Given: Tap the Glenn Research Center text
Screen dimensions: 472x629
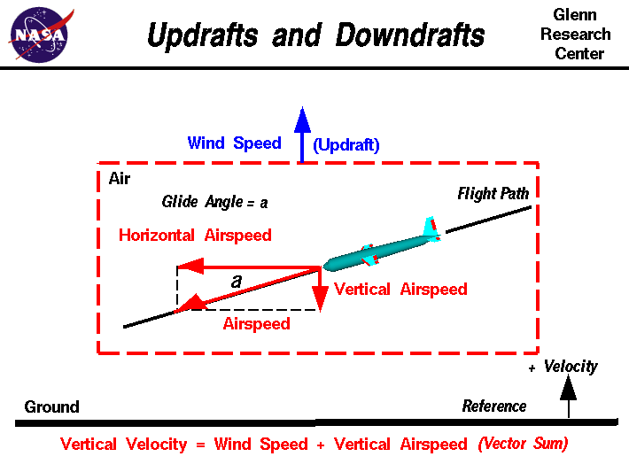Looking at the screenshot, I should pyautogui.click(x=575, y=35).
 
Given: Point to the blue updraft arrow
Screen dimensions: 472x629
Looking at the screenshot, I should pyautogui.click(x=302, y=133).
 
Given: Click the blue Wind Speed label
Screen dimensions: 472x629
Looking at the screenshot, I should pyautogui.click(x=234, y=143).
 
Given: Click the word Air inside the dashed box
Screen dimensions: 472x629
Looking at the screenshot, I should pyautogui.click(x=120, y=179).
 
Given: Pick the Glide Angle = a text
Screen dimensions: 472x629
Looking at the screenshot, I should pyautogui.click(x=214, y=202).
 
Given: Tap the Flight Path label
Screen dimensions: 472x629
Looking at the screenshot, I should pyautogui.click(x=493, y=194).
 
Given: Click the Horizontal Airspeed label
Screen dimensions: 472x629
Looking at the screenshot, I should pyautogui.click(x=195, y=236).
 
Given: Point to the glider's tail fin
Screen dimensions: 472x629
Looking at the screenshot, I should pyautogui.click(x=431, y=228).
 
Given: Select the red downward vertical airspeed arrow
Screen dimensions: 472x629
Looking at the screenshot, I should pyautogui.click(x=320, y=290).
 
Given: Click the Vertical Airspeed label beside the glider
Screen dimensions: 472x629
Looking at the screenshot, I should pyautogui.click(x=400, y=290).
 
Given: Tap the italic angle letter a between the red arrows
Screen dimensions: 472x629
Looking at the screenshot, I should pyautogui.click(x=236, y=282).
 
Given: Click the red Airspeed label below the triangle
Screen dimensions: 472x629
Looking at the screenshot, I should pyautogui.click(x=256, y=324).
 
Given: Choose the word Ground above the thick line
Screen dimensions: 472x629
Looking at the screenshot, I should pyautogui.click(x=51, y=407).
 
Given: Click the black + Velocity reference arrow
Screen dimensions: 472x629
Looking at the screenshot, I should pyautogui.click(x=569, y=395).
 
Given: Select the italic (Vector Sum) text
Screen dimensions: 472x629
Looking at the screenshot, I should pyautogui.click(x=523, y=444).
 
